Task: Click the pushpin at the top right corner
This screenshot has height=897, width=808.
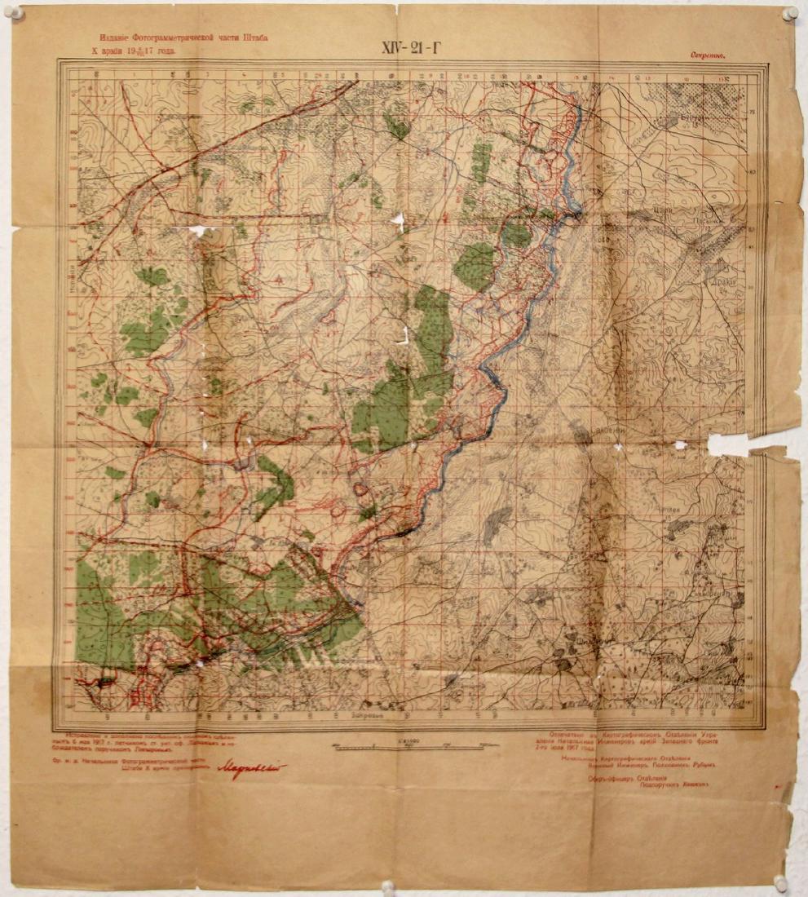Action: pos(788,14)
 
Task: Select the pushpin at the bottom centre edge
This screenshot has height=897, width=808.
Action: pos(388,886)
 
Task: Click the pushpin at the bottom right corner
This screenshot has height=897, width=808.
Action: pos(780,883)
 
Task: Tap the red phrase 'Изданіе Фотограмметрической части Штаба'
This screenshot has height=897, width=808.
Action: pos(183,38)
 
